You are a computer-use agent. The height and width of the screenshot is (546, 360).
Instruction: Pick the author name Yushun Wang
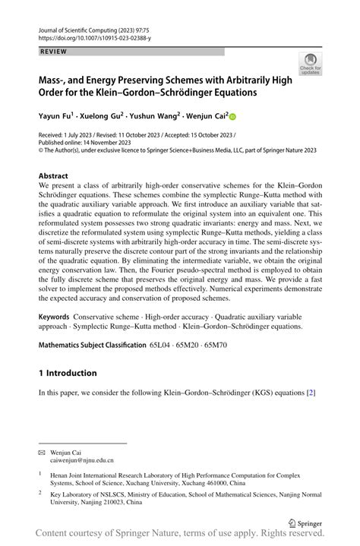tap(154, 117)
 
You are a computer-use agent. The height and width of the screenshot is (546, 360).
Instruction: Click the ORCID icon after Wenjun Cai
tap(232, 118)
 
